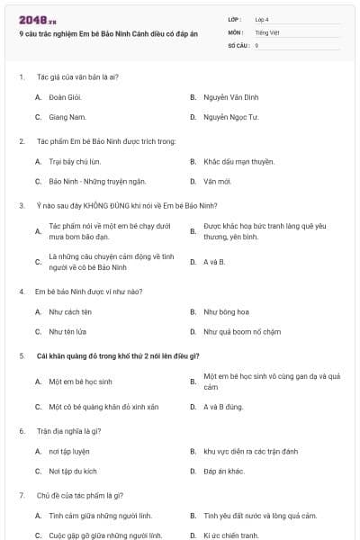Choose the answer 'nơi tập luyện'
coord(69,451)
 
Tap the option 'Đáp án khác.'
coord(224,471)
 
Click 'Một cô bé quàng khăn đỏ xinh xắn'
coord(103,407)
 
